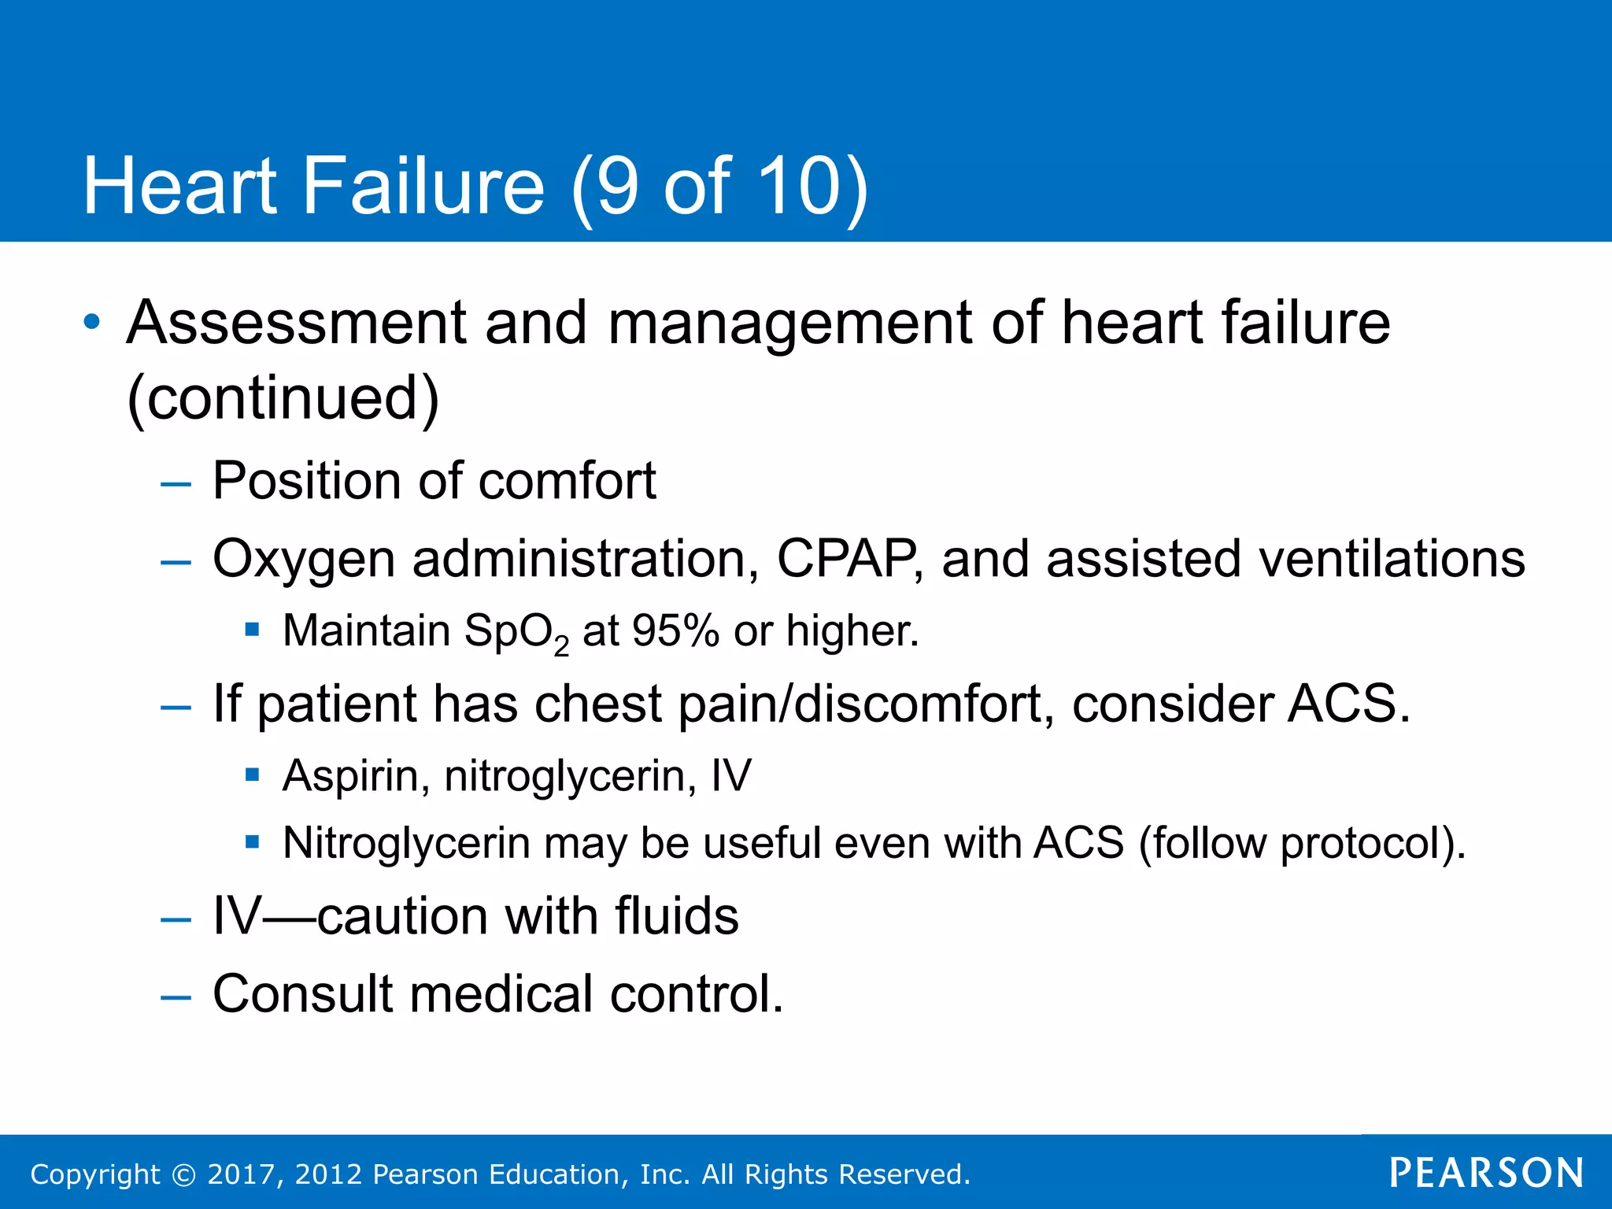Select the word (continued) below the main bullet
(x=283, y=398)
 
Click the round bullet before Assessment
(x=93, y=322)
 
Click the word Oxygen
(x=304, y=560)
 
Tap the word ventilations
(x=1392, y=559)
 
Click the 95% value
(x=675, y=631)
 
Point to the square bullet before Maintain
(x=252, y=629)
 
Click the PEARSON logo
(x=1486, y=1173)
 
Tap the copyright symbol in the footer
(x=183, y=1174)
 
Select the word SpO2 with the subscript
(x=516, y=633)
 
